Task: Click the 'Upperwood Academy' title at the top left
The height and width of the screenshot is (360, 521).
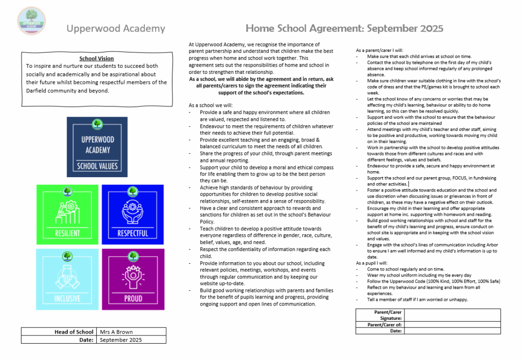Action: (x=115, y=29)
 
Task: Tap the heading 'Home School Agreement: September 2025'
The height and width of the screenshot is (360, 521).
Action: (x=344, y=28)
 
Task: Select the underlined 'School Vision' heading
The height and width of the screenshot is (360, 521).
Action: (x=97, y=59)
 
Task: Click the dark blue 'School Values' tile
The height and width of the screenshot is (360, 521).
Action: (x=97, y=147)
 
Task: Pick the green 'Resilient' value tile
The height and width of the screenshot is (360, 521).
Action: (x=67, y=212)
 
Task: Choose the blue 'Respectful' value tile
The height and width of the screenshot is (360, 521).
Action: (x=133, y=212)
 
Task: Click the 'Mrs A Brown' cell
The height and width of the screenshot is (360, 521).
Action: (x=131, y=332)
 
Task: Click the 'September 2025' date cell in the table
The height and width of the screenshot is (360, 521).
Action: (x=131, y=340)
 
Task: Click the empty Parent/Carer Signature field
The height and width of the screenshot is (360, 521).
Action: (x=452, y=315)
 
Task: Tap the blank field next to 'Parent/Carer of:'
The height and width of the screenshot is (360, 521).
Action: (x=452, y=324)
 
